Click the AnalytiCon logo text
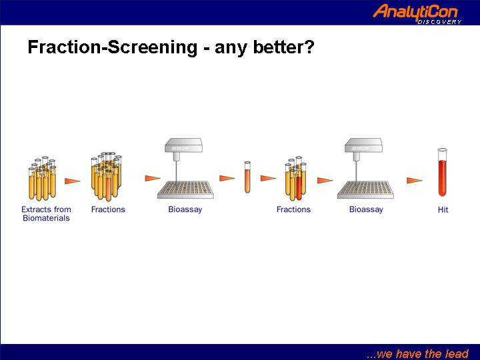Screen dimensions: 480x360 (415, 12)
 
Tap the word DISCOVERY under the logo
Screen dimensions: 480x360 (439, 22)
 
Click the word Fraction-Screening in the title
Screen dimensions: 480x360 (113, 47)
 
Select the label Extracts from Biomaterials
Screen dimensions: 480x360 (46, 214)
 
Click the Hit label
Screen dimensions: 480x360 (443, 210)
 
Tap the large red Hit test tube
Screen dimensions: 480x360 (443, 173)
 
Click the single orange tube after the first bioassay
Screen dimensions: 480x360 (247, 177)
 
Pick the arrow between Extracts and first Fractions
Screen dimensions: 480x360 (72, 181)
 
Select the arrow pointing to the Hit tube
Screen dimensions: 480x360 (415, 180)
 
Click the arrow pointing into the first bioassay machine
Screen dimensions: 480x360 (153, 178)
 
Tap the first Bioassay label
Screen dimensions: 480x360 (185, 209)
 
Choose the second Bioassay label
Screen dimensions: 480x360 (366, 209)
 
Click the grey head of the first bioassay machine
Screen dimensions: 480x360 (183, 146)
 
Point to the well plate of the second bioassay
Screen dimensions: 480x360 (365, 190)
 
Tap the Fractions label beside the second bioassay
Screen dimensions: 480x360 (293, 209)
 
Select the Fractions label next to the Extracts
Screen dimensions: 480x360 (108, 209)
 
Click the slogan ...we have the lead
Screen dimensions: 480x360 (417, 353)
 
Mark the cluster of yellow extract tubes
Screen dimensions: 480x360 (43, 179)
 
